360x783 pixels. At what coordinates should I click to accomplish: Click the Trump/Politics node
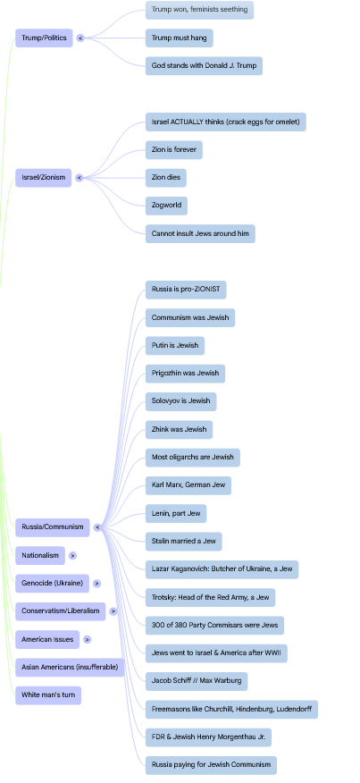[x=44, y=38]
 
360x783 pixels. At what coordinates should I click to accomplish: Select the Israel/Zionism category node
[x=44, y=177]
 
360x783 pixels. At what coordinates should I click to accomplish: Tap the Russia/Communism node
[x=53, y=527]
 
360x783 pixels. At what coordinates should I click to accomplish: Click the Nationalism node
[x=40, y=555]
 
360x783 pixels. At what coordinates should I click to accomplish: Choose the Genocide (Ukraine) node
[x=53, y=584]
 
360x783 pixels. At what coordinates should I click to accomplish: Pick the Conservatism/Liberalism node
[x=61, y=611]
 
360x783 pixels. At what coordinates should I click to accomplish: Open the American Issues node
[x=47, y=639]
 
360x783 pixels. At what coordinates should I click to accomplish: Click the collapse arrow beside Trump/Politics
[x=80, y=38]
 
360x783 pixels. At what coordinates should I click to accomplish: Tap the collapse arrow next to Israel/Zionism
[x=80, y=177]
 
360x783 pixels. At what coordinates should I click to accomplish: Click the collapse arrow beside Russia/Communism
[x=97, y=527]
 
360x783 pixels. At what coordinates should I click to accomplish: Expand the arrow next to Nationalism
[x=73, y=555]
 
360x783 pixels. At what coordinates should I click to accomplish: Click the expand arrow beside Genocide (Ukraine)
[x=96, y=584]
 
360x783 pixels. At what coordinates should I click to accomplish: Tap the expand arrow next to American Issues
[x=88, y=639]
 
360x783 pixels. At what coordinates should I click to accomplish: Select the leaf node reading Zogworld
[x=166, y=206]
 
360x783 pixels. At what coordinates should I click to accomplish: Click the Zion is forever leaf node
[x=174, y=150]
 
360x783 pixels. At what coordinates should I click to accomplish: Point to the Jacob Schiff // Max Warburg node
[x=197, y=681]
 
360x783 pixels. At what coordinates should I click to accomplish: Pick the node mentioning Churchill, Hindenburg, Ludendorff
[x=231, y=709]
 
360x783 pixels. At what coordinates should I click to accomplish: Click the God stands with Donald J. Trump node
[x=205, y=66]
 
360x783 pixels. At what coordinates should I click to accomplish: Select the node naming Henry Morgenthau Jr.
[x=209, y=737]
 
